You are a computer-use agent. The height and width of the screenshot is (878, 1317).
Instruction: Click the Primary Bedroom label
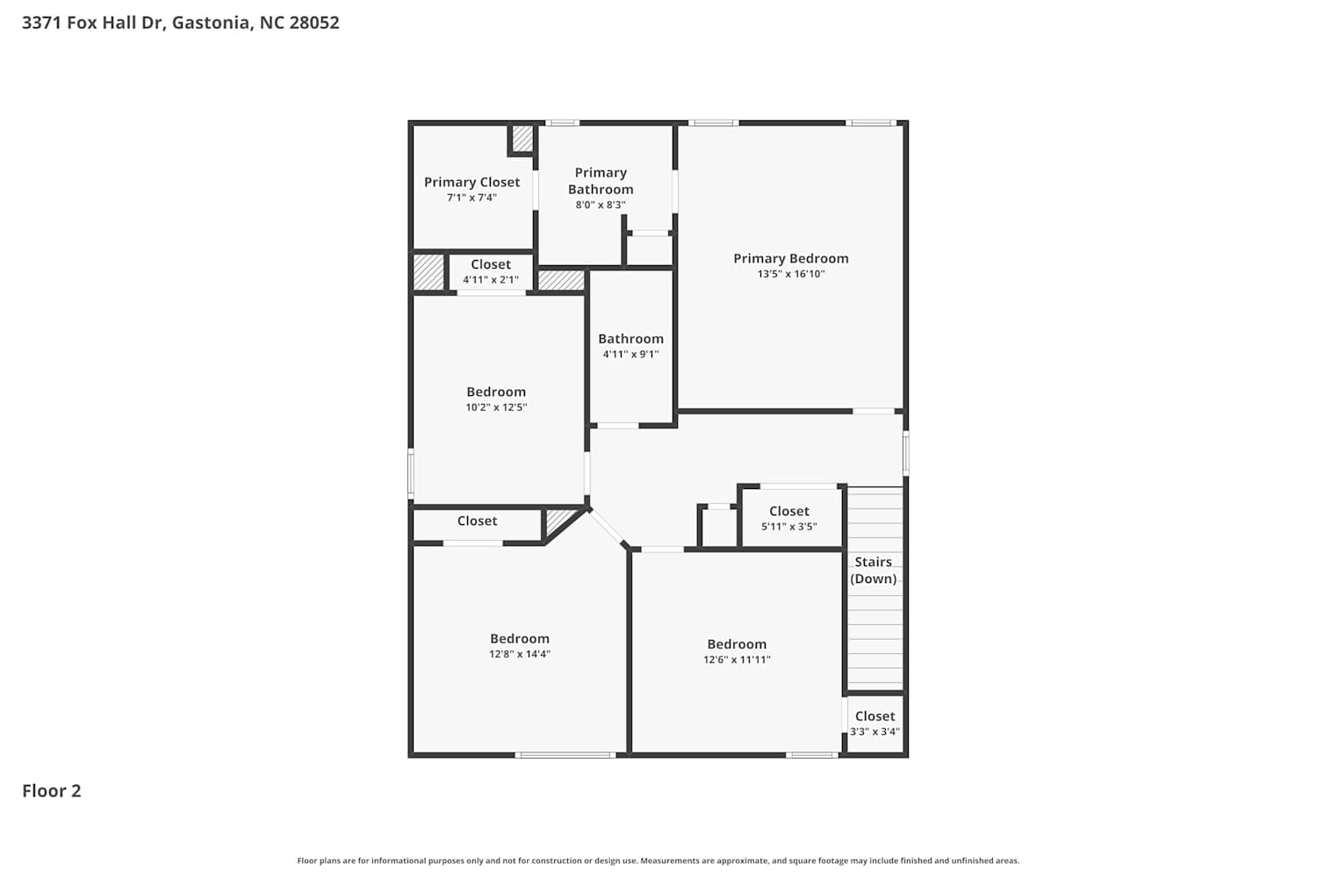[x=791, y=258]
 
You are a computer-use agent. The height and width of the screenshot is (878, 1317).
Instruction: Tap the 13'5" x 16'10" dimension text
[x=791, y=273]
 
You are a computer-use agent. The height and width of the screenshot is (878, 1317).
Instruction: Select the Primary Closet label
[x=472, y=183]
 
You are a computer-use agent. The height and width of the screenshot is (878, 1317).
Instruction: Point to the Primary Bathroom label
[x=601, y=181]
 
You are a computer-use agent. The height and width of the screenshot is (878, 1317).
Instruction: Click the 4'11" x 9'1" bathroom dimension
[x=631, y=354]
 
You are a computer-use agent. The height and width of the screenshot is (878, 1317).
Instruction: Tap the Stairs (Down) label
[x=873, y=570]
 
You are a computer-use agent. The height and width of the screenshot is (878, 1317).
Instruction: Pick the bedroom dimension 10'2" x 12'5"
[x=496, y=407]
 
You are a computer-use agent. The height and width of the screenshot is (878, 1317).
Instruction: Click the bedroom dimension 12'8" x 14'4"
[x=520, y=654]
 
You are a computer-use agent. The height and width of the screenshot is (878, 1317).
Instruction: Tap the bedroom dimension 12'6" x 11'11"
[x=737, y=660]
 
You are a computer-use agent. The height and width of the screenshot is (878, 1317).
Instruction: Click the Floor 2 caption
[x=52, y=790]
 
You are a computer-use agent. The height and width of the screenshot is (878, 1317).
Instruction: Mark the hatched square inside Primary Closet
[x=522, y=138]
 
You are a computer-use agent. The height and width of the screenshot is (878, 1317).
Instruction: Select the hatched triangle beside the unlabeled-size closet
[x=558, y=521]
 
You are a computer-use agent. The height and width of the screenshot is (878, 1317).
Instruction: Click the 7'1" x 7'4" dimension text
[x=472, y=198]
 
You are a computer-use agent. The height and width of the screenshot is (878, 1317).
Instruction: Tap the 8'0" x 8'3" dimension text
[x=601, y=205]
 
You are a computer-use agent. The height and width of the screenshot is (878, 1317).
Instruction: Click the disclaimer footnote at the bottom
[x=658, y=860]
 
